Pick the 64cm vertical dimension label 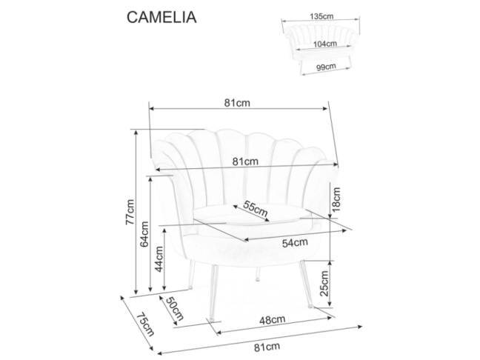point(146,234)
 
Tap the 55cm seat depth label point(255,210)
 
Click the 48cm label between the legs point(273,319)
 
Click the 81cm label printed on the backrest point(244,161)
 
